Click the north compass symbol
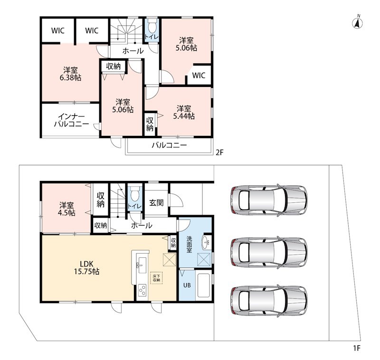pos(357,23)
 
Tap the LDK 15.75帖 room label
pos(86,267)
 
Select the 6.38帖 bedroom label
pos(70,74)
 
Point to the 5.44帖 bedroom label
pos(184,112)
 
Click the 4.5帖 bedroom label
pos(66,209)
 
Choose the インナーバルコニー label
pos(72,120)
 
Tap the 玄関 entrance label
pos(156,203)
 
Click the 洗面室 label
pos(189,244)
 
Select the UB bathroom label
pos(187,285)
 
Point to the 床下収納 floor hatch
pos(156,278)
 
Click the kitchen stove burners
pos(142,290)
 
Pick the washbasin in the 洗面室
pos(206,242)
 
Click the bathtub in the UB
pos(203,285)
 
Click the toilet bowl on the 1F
pos(135,194)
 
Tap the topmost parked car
pos(269,200)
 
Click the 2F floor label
pos(219,152)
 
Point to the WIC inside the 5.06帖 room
pos(199,76)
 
